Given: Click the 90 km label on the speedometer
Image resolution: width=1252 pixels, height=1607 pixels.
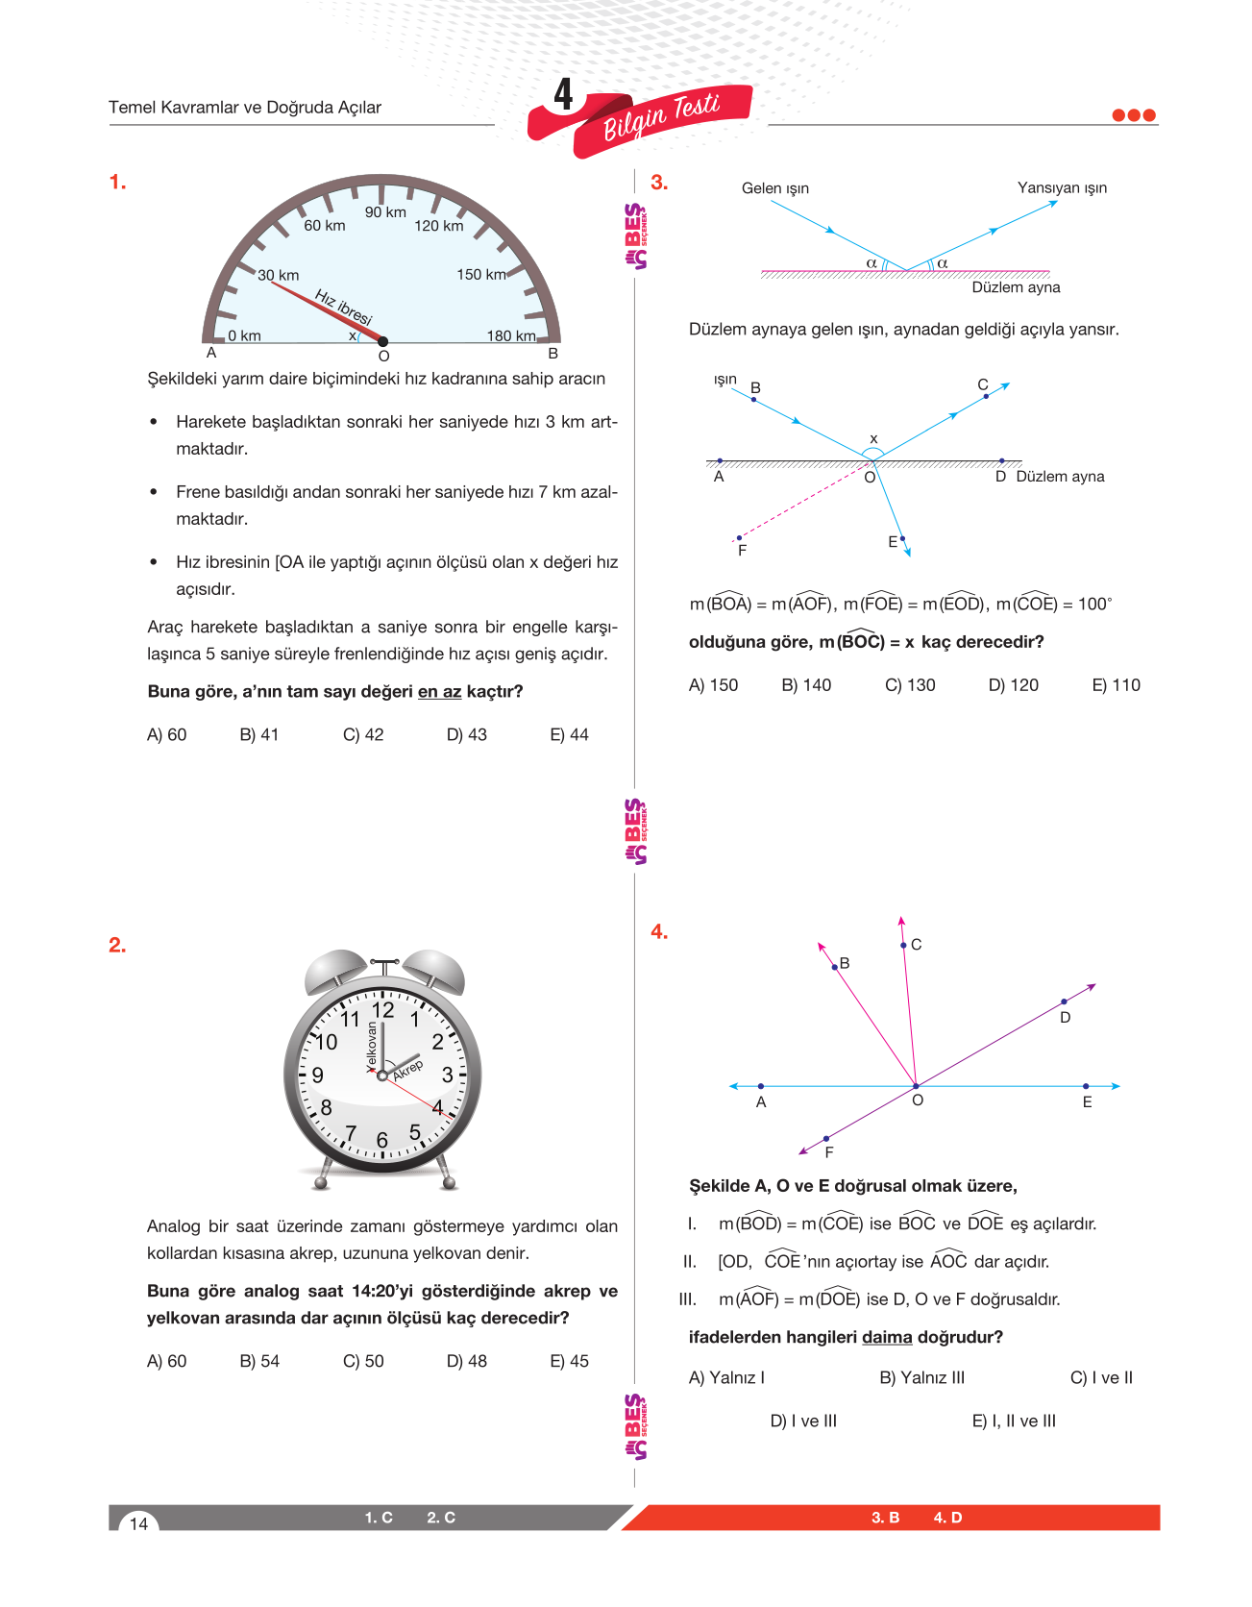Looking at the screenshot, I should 385,212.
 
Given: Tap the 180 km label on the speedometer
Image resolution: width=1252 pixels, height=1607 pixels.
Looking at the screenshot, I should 511,335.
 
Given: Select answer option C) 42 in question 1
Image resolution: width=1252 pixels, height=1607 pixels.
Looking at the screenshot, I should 363,735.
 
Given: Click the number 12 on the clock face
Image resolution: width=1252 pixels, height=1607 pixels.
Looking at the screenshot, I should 383,1010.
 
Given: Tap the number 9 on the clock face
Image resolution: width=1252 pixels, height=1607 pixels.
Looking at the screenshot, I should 318,1075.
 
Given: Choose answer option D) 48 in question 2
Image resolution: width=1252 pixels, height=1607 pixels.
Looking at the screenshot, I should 467,1362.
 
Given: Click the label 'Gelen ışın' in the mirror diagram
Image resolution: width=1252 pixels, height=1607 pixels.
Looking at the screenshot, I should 775,188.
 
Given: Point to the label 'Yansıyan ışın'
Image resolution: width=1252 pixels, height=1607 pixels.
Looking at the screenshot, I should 1062,187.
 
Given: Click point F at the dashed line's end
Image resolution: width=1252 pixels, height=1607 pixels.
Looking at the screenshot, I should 739,539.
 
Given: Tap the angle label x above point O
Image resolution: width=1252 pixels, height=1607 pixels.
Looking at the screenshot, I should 873,439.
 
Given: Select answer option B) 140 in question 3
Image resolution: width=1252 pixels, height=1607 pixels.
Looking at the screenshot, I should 806,685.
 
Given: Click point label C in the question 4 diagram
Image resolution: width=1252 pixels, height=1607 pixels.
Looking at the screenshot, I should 917,945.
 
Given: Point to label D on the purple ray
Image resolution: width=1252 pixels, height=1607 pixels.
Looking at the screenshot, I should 1065,1017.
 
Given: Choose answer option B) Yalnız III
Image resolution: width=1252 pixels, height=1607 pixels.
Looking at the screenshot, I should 922,1378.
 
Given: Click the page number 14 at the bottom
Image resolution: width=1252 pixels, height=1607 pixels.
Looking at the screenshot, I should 139,1523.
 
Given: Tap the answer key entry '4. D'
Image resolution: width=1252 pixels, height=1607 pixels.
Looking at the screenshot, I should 947,1518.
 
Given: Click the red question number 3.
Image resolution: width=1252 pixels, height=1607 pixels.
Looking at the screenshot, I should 659,183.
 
